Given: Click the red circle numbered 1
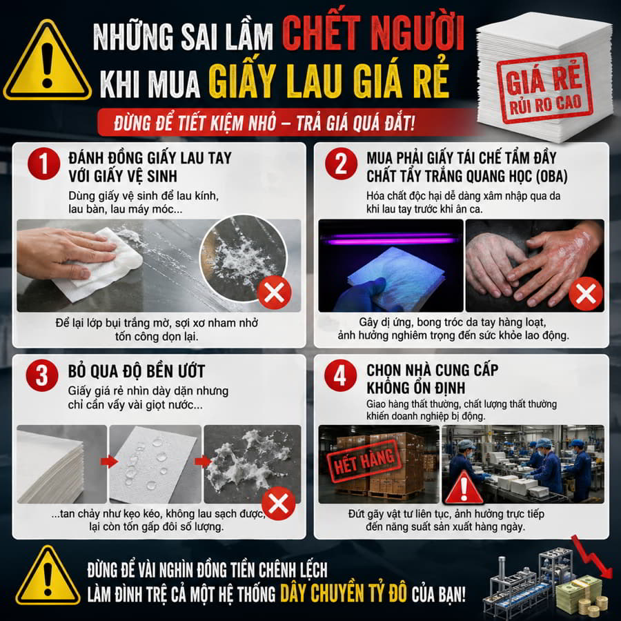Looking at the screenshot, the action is coord(43,164).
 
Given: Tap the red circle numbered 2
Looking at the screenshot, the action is coord(341,164).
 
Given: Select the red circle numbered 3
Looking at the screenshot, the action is coord(42,375).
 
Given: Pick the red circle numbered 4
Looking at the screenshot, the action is coord(340,375).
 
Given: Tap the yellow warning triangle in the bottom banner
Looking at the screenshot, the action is coord(48,577).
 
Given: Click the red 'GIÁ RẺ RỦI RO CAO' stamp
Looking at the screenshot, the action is coord(544,88).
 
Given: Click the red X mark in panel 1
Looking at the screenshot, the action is coord(274,293).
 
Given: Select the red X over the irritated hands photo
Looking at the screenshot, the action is coord(586,294).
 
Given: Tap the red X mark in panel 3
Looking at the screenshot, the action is coord(279,504).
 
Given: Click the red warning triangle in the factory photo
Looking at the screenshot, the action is coord(464,488).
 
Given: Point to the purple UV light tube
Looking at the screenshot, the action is coord(391,238).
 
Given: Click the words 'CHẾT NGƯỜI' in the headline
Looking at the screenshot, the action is coord(373,34).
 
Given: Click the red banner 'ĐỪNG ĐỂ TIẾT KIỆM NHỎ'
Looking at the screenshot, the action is coord(264,123).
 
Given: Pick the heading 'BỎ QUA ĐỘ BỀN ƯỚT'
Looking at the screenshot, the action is coord(136,371).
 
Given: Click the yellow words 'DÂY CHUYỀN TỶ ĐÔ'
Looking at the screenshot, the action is coord(344,593).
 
